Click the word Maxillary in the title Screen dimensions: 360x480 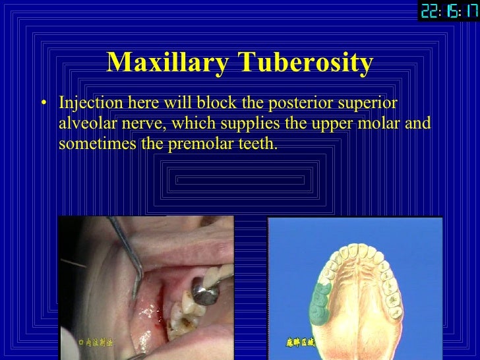167,63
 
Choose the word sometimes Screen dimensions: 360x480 96,142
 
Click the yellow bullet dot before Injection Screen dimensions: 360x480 44,104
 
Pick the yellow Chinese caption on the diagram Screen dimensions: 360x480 301,342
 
